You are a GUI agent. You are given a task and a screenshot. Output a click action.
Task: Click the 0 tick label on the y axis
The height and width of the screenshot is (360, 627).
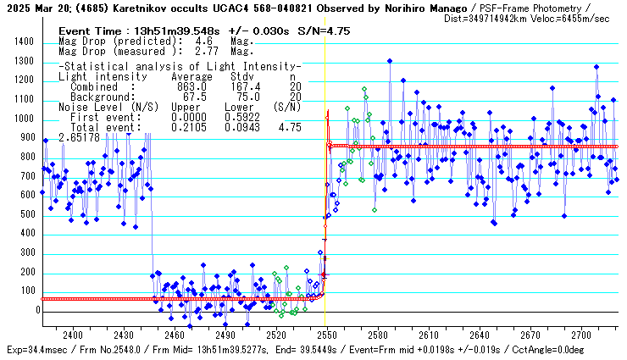tap(38, 310)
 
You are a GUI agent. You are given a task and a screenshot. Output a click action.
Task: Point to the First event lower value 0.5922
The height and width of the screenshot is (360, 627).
tap(239, 117)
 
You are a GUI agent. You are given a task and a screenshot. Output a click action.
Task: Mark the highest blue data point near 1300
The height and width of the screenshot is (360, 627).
tap(389, 61)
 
